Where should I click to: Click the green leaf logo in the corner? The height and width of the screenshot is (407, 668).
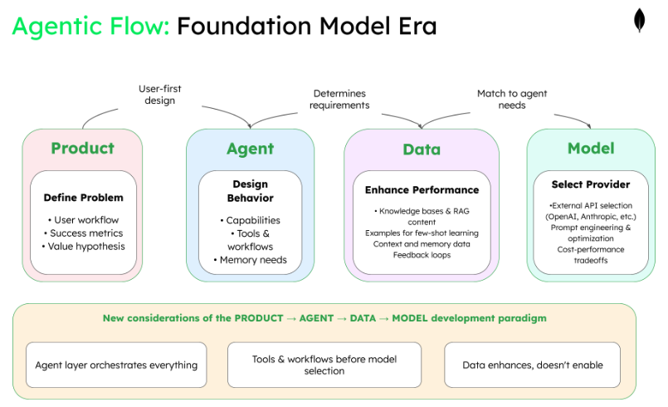pyautogui.click(x=640, y=21)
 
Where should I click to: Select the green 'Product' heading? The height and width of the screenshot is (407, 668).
pyautogui.click(x=82, y=149)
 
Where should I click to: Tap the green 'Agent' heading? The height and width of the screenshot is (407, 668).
pyautogui.click(x=250, y=149)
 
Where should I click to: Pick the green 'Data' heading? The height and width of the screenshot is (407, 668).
pyautogui.click(x=422, y=150)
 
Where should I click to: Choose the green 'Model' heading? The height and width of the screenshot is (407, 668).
pyautogui.click(x=591, y=149)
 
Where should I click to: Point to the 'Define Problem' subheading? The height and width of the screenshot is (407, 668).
pyautogui.click(x=83, y=198)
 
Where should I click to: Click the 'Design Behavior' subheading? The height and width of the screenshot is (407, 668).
pyautogui.click(x=250, y=191)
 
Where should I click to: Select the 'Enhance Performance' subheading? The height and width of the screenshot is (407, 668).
pyautogui.click(x=422, y=190)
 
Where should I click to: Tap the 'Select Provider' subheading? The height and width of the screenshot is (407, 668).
pyautogui.click(x=591, y=184)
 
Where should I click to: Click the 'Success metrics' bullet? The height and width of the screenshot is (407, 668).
pyautogui.click(x=86, y=233)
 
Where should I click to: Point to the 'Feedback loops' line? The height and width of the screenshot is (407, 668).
pyautogui.click(x=422, y=255)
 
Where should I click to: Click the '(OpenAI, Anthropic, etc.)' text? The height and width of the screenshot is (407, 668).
pyautogui.click(x=591, y=217)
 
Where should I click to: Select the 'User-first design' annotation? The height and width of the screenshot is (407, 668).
pyautogui.click(x=160, y=94)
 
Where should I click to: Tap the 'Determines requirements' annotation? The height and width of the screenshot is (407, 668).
pyautogui.click(x=339, y=100)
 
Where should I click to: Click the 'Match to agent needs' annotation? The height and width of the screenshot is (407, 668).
pyautogui.click(x=512, y=100)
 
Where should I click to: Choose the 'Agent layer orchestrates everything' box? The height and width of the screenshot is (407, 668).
pyautogui.click(x=116, y=365)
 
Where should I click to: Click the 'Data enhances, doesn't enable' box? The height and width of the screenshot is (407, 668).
pyautogui.click(x=534, y=365)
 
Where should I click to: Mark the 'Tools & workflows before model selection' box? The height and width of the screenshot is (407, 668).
pyautogui.click(x=324, y=365)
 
